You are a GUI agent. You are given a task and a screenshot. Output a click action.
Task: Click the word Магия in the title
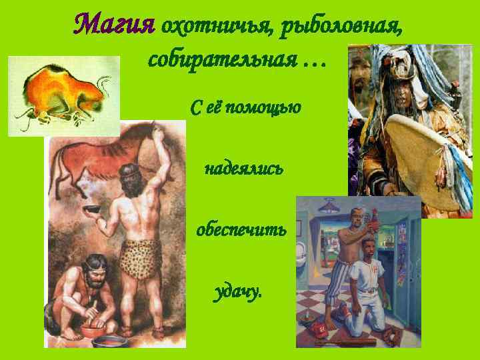tap(113, 25)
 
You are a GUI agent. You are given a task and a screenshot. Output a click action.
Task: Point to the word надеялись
tap(243, 169)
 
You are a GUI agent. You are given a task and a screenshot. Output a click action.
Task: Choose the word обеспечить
tap(241, 231)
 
